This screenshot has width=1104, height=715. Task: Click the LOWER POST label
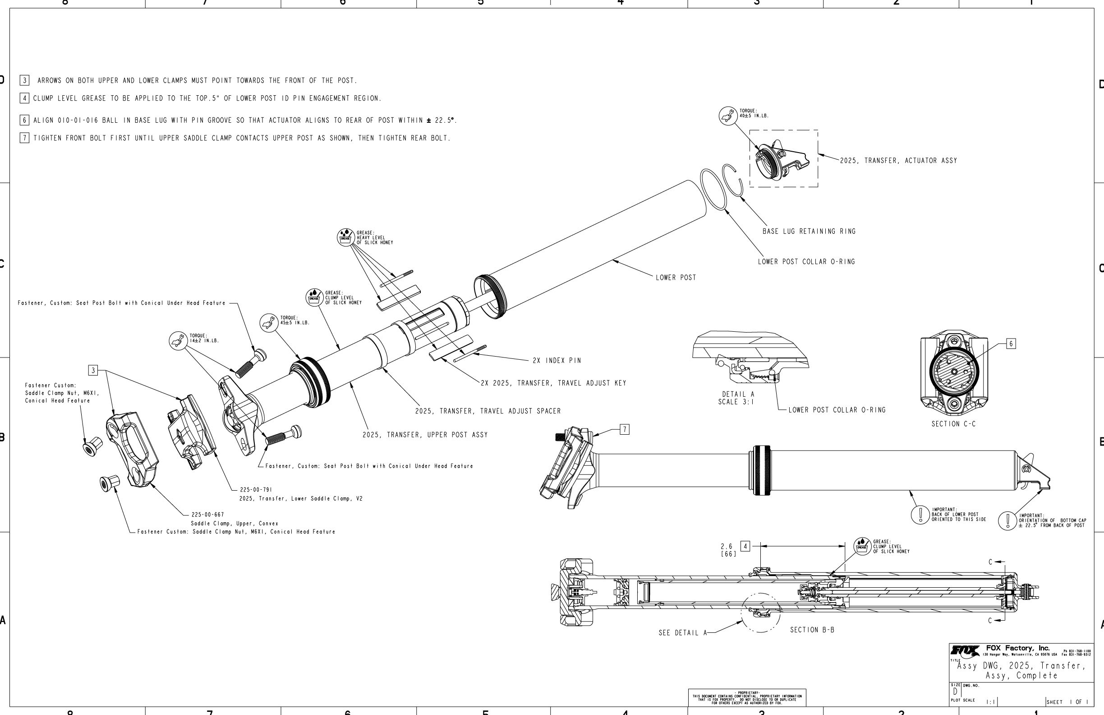coord(676,278)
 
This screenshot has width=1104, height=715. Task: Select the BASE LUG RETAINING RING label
coord(809,231)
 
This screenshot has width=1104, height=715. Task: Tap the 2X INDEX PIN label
coord(557,360)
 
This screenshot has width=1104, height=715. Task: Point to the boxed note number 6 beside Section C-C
coord(1011,344)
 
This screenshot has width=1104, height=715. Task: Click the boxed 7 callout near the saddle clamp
coord(625,429)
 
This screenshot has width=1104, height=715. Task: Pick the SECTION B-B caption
coord(812,630)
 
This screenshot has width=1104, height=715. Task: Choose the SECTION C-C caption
coord(953,424)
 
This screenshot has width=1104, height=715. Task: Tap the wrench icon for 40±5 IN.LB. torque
coord(728,116)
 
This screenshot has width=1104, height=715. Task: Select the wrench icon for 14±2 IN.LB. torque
coord(178,341)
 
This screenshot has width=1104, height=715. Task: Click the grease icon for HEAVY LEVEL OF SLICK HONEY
coord(345,237)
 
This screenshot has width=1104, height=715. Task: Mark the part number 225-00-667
coord(208,515)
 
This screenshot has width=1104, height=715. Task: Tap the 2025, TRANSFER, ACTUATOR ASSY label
coord(898,161)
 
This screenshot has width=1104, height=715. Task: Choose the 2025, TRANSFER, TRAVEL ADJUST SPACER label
coord(488,411)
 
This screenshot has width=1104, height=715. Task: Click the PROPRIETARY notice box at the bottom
coord(747,698)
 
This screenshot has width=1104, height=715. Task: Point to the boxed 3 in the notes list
coord(25,80)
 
